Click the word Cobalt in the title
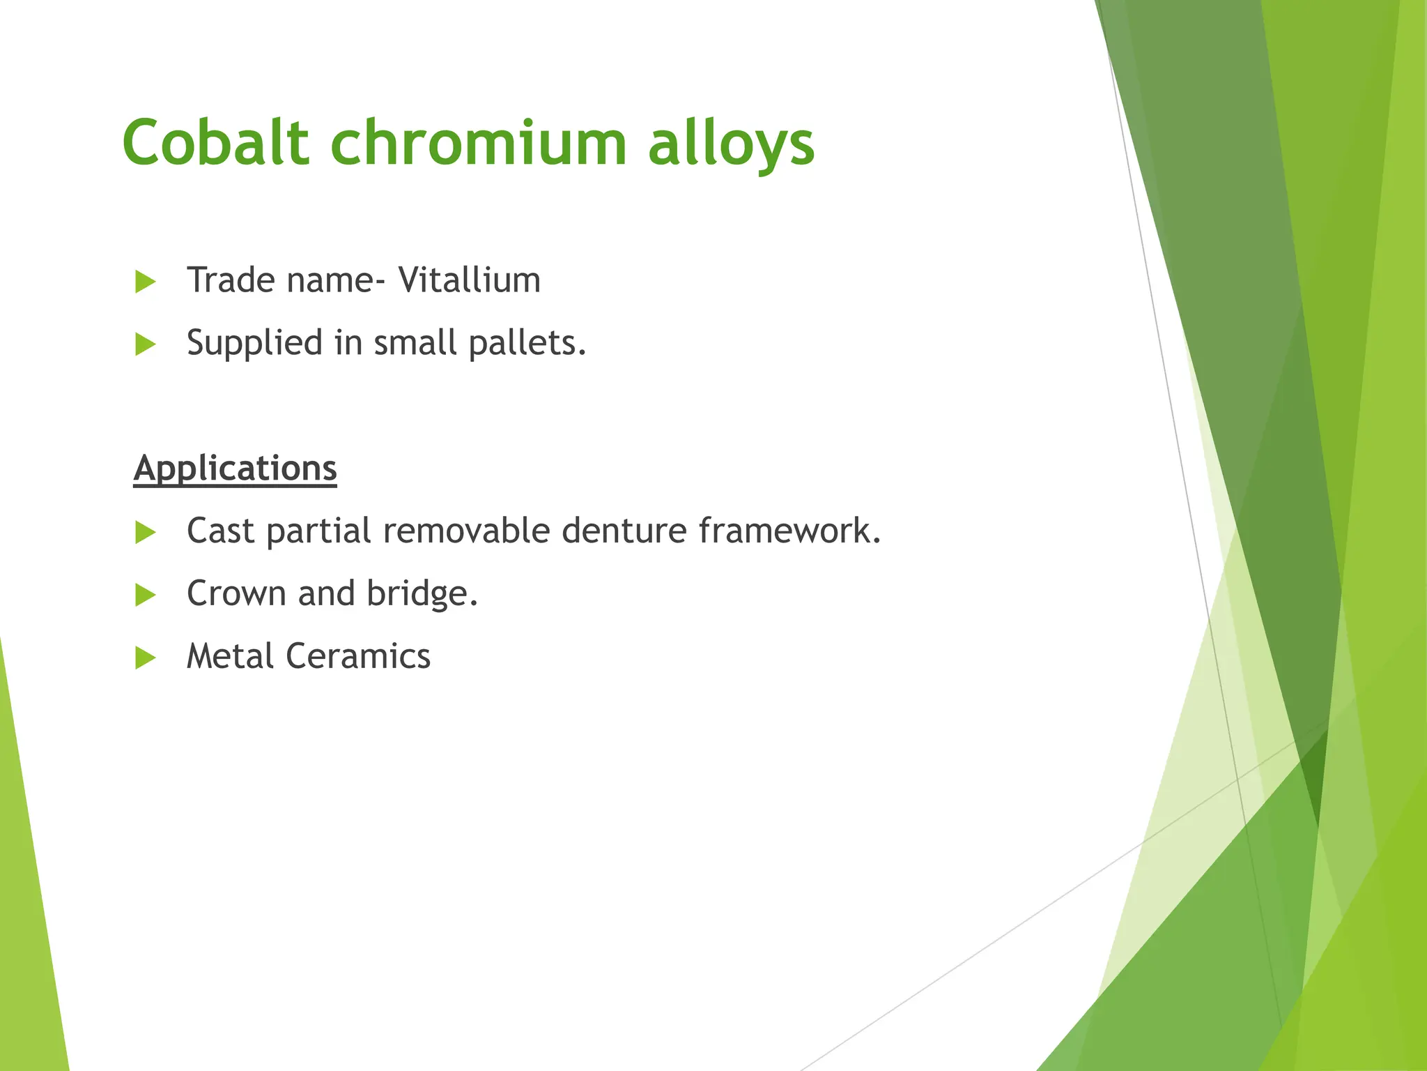tap(215, 142)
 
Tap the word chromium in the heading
tap(478, 142)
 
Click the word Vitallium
tap(469, 280)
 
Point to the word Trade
tap(231, 280)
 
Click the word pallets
tap(527, 343)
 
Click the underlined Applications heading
tap(235, 469)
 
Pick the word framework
tap(789, 531)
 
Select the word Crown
tap(236, 594)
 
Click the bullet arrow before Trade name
tap(145, 282)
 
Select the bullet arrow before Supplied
tap(145, 344)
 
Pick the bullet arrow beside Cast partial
tap(145, 533)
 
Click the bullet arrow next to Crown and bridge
tap(145, 595)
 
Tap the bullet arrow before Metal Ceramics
tap(145, 658)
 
